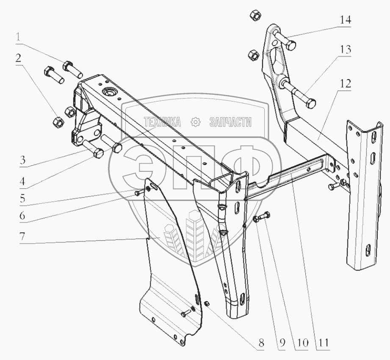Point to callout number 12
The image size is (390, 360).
point(345,84)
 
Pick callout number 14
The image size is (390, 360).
point(345,20)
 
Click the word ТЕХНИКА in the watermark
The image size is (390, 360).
point(163,123)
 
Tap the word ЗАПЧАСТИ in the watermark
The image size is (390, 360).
point(230,123)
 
